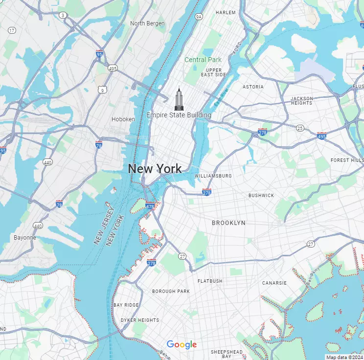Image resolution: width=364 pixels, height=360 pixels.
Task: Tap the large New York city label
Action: tap(155, 169)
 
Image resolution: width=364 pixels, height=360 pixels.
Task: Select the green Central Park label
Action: tap(203, 60)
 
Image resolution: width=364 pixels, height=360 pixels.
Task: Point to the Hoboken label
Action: tap(123, 119)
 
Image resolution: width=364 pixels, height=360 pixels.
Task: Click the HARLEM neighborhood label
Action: tap(226, 12)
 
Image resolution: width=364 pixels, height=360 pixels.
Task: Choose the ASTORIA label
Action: tap(253, 87)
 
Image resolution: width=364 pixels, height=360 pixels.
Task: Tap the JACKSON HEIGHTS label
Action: tap(301, 101)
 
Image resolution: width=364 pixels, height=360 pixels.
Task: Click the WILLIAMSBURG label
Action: tap(213, 176)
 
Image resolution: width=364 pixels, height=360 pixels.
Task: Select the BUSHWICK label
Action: tap(261, 195)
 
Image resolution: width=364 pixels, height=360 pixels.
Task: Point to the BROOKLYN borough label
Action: tap(228, 223)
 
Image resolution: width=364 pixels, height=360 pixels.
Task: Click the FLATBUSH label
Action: tap(210, 281)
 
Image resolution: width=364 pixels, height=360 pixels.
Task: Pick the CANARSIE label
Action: tap(274, 283)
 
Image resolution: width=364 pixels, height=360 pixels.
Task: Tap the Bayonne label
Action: tap(24, 238)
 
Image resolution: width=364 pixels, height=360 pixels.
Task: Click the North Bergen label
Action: tap(147, 23)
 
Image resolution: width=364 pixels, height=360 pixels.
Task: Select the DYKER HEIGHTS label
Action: tap(140, 320)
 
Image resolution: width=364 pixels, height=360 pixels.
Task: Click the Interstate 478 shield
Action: tap(150, 206)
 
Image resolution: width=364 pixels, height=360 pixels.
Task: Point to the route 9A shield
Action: tap(198, 17)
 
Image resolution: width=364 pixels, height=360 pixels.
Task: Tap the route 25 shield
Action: tap(299, 128)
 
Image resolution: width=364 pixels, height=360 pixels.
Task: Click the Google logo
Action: tap(182, 345)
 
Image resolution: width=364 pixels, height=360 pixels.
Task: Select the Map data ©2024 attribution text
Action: tap(344, 357)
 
